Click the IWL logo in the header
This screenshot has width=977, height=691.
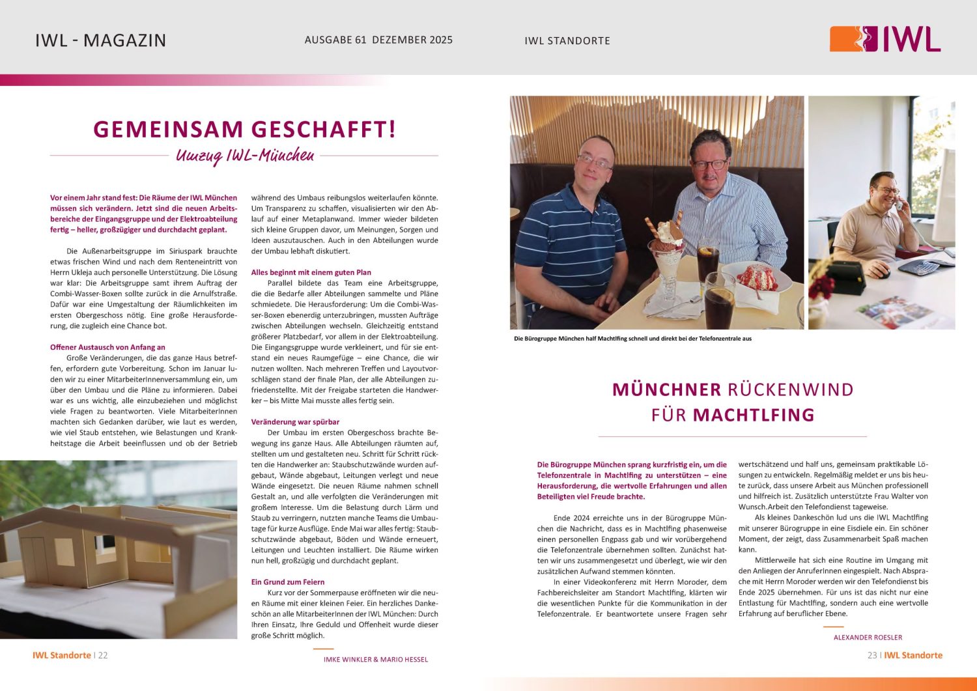[x=885, y=39]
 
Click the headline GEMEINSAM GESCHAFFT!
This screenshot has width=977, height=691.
[x=244, y=129]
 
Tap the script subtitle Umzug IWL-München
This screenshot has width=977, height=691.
[x=245, y=156]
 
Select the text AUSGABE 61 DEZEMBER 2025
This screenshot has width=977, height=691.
[x=378, y=40]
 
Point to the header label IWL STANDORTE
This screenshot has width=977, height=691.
[x=567, y=40]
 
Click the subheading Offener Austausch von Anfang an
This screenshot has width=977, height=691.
[x=107, y=347]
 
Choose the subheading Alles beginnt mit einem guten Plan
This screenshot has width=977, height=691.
[x=311, y=272]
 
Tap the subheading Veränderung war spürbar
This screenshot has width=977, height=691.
[x=295, y=422]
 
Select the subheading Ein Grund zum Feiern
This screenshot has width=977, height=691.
[x=287, y=582]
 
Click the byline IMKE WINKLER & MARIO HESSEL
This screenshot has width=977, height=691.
[x=376, y=660]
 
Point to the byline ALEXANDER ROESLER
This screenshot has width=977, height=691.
[x=868, y=638]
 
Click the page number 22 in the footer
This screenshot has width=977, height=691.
[x=103, y=655]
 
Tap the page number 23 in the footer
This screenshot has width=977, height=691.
[x=872, y=655]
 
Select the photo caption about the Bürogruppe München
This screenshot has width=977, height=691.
[x=632, y=339]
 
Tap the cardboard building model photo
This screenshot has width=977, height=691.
[x=119, y=549]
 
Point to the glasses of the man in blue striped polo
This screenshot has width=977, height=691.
[x=594, y=161]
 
